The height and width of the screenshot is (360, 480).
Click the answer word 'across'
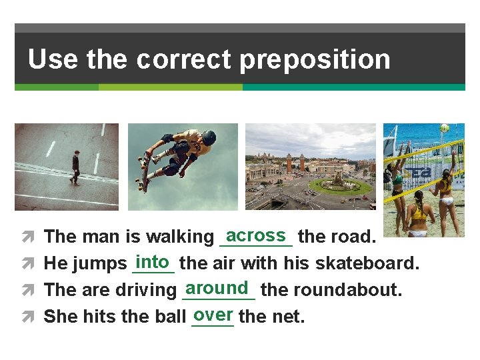tap(256, 235)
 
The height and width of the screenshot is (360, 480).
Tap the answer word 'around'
tap(218, 288)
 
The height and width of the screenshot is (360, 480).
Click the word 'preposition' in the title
tap(315, 59)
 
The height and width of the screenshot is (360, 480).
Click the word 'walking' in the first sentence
tap(180, 237)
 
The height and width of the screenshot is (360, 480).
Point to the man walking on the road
tap(75, 167)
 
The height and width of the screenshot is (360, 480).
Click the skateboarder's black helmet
tap(209, 138)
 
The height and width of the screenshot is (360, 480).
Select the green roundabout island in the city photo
tap(340, 185)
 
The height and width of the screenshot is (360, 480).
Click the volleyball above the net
tap(444, 127)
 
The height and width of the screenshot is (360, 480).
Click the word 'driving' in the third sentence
tap(145, 290)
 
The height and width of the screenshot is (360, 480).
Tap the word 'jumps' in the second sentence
tap(100, 264)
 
